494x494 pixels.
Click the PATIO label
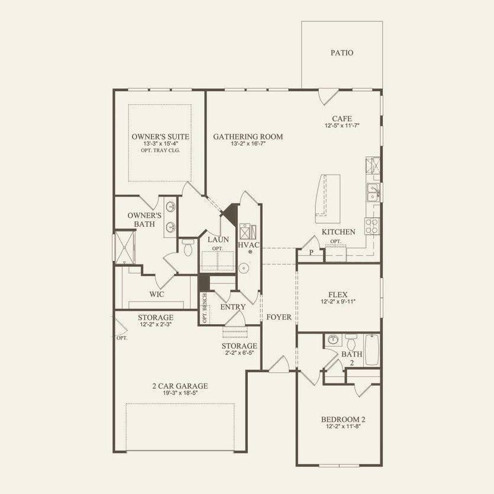tap(342, 53)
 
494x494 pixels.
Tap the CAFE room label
tap(342, 118)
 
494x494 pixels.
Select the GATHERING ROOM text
tap(248, 137)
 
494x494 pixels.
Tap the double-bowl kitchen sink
tap(373, 192)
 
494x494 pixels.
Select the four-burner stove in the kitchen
tap(373, 226)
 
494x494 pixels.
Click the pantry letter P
tap(311, 253)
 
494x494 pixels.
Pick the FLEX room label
tap(338, 294)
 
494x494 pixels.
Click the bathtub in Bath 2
tap(372, 350)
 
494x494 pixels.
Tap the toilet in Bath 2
tap(351, 343)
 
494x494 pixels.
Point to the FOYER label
tap(279, 317)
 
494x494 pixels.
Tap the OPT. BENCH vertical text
tap(205, 308)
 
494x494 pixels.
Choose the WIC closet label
tap(157, 294)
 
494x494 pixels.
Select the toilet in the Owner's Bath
tap(188, 247)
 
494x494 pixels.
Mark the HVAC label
tap(248, 244)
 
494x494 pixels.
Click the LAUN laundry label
tap(214, 240)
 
